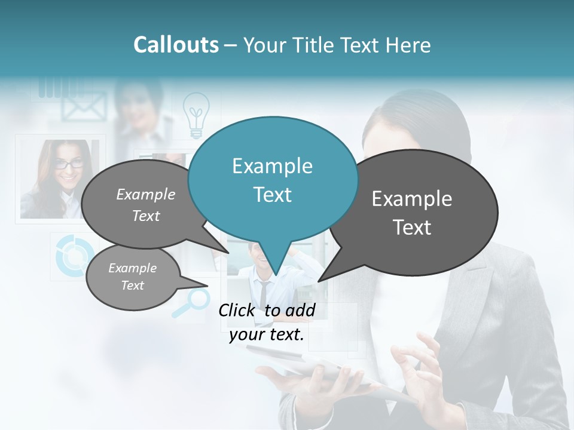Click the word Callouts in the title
pyautogui.click(x=176, y=45)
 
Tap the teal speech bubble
pyautogui.click(x=273, y=179)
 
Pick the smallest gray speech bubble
pyautogui.click(x=133, y=277)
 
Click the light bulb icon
pyautogui.click(x=196, y=115)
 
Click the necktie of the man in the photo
pyautogui.click(x=264, y=293)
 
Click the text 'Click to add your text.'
pyautogui.click(x=267, y=322)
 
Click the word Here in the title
pyautogui.click(x=408, y=45)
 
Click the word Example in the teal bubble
pyautogui.click(x=272, y=166)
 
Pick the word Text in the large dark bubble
pyautogui.click(x=412, y=227)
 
